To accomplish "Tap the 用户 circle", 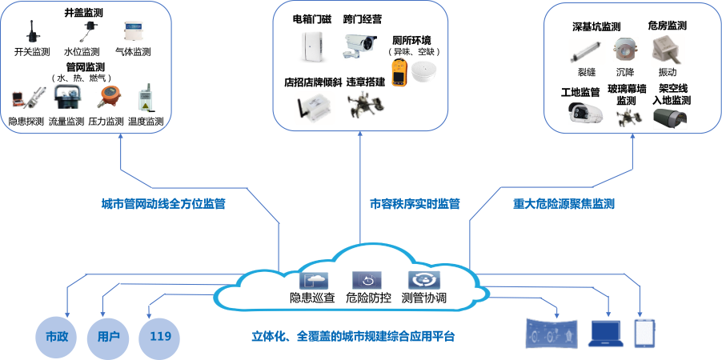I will pyautogui.click(x=108, y=335).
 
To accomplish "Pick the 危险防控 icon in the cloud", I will pyautogui.click(x=367, y=281).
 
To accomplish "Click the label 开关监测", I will pyautogui.click(x=33, y=52).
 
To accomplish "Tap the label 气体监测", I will pyautogui.click(x=133, y=52).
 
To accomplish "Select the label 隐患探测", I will pyautogui.click(x=26, y=122).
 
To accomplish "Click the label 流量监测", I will pyautogui.click(x=66, y=122).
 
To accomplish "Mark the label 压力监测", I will pyautogui.click(x=106, y=122).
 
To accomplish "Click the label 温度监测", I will pyautogui.click(x=146, y=122).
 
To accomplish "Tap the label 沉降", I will pyautogui.click(x=625, y=72).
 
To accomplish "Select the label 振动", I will pyautogui.click(x=667, y=72).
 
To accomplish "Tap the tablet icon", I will pyautogui.click(x=645, y=333).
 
